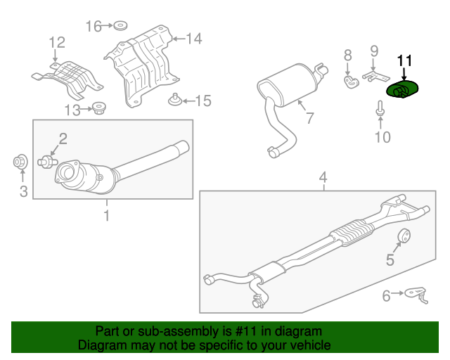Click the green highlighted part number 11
tap(401, 89)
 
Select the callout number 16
tap(94, 26)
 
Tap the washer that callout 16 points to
tap(120, 25)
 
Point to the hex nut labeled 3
tap(20, 162)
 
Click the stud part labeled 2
tap(48, 162)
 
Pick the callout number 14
tap(194, 39)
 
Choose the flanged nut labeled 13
tap(98, 108)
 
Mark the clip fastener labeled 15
tap(175, 100)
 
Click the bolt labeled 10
tap(380, 108)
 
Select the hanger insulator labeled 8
tap(352, 82)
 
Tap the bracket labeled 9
tap(376, 76)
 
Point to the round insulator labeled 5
tap(404, 236)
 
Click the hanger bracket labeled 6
tap(416, 294)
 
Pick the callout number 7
tap(310, 117)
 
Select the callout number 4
tap(323, 178)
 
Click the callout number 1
tap(107, 216)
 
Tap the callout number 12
tap(57, 42)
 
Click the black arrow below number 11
tap(404, 74)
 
